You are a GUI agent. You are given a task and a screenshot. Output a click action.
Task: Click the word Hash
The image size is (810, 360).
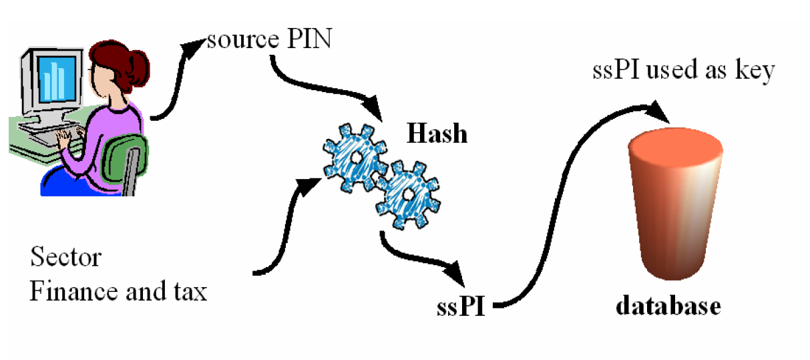pyautogui.click(x=437, y=134)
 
